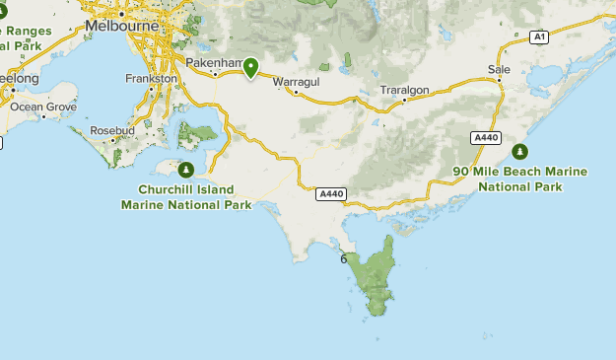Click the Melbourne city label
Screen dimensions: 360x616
pos(122,26)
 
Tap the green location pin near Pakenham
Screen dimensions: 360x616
pos(251,67)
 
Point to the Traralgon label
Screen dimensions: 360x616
pos(404,90)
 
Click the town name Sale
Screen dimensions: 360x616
pos(499,69)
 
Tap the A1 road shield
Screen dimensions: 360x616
pos(538,36)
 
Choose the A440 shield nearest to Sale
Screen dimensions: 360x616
pos(484,138)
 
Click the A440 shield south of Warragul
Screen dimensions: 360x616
pos(330,194)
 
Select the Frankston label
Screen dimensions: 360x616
pos(152,78)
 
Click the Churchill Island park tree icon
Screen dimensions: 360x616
pos(186,169)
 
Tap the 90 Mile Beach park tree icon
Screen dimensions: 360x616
pos(519,151)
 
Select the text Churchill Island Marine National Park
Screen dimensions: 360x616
pos(185,197)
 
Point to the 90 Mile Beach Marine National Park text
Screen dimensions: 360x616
pos(519,179)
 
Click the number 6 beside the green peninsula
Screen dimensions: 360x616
pos(343,259)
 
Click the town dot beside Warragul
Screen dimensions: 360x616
pos(297,92)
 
